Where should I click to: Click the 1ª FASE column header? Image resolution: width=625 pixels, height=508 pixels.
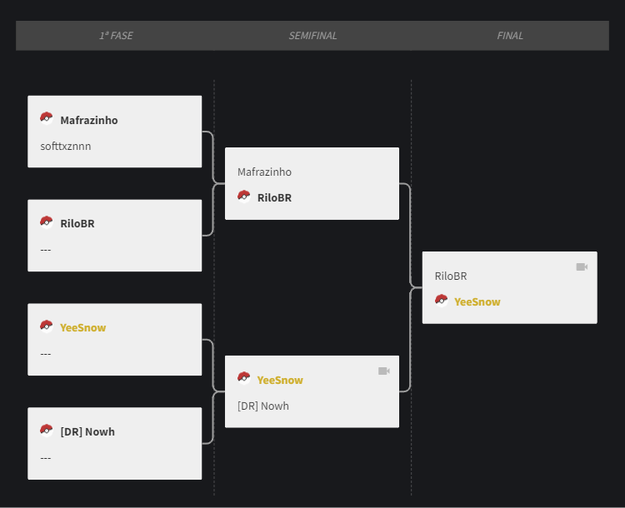pos(116,36)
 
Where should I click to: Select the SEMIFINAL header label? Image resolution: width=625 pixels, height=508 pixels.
pos(312,36)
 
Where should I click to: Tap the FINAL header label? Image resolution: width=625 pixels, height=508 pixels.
pos(510,36)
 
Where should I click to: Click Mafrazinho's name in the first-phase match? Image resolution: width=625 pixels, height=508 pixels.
pos(89,120)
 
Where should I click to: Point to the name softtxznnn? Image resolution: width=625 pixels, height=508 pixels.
pos(65,147)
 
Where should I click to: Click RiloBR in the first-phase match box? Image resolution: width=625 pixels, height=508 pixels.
pos(77,223)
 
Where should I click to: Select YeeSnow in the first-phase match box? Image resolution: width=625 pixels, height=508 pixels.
pos(82,327)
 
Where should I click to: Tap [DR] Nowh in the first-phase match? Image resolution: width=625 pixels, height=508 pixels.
pos(87,431)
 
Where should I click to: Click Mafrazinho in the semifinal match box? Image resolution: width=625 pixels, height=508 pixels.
pos(264,172)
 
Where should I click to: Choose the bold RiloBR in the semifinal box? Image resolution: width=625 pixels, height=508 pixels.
pos(274,197)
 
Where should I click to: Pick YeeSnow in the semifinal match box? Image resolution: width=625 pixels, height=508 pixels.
pos(280,380)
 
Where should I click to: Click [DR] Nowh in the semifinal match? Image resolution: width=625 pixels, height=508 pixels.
pos(263,406)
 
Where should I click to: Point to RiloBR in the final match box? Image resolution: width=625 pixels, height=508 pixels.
pos(450,276)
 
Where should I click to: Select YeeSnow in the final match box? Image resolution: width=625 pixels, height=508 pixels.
pos(477,301)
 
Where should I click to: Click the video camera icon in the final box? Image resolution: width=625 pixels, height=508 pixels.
pos(582,267)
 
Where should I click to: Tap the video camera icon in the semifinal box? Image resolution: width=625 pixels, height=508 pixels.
pos(384,371)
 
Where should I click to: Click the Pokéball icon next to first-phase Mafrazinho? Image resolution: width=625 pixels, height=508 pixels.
pos(47,118)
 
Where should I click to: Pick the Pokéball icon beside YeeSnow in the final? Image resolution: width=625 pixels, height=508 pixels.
pos(441,301)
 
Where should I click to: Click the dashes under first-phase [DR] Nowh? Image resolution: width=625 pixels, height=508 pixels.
pos(46,458)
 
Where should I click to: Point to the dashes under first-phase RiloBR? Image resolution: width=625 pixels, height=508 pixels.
pos(46,250)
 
